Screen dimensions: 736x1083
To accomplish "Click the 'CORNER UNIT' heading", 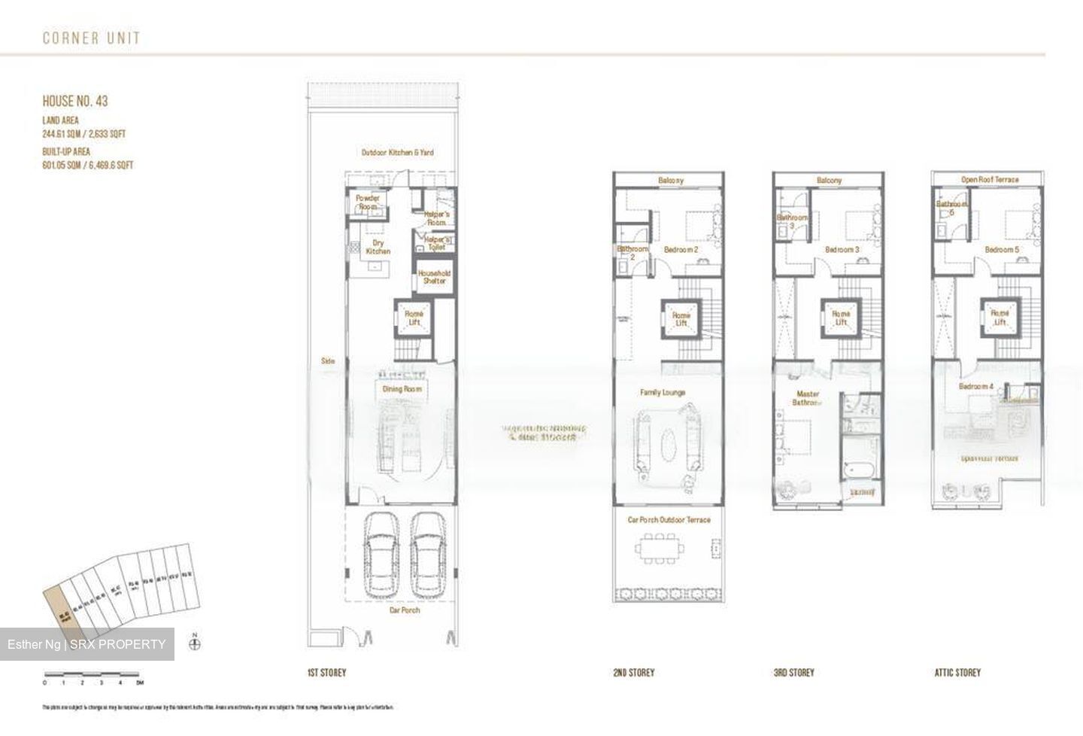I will tap(91, 38).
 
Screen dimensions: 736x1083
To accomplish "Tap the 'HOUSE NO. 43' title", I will tap(75, 102).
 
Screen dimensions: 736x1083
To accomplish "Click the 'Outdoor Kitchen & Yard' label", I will tap(397, 153).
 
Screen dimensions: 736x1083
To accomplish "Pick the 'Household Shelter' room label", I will tap(434, 277).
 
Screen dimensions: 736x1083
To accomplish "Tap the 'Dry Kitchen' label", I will tap(378, 247).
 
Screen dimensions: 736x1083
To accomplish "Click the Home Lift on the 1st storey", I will tap(414, 318).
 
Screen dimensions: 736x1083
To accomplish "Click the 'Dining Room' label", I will tap(402, 389).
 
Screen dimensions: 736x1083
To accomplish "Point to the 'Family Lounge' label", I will tap(662, 392).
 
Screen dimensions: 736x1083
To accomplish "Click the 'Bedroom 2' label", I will tap(681, 250).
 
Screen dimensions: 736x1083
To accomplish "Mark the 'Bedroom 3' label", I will tap(842, 250).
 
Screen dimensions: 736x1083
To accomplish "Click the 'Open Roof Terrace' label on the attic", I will tap(989, 180).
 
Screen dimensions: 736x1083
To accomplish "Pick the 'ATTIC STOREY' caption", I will tap(957, 673).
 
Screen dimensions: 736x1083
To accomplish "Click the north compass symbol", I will tap(196, 643).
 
